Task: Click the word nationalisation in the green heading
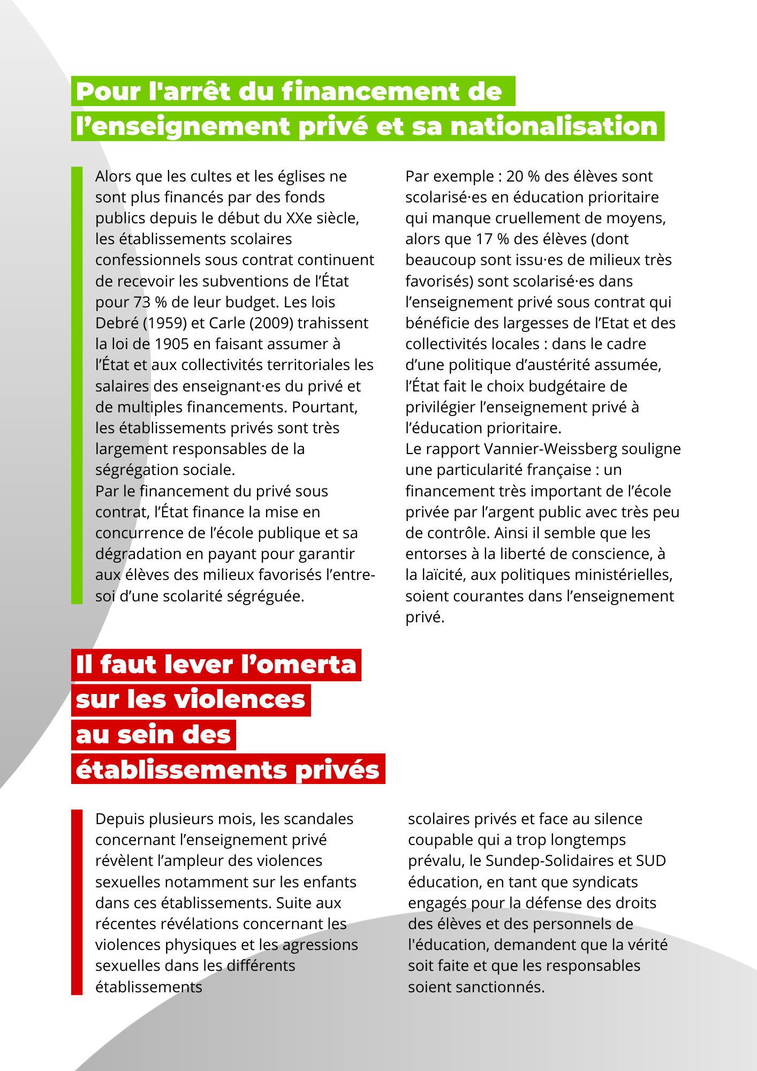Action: point(554,127)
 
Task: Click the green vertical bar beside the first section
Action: point(77,386)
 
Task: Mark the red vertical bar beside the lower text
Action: point(77,902)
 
